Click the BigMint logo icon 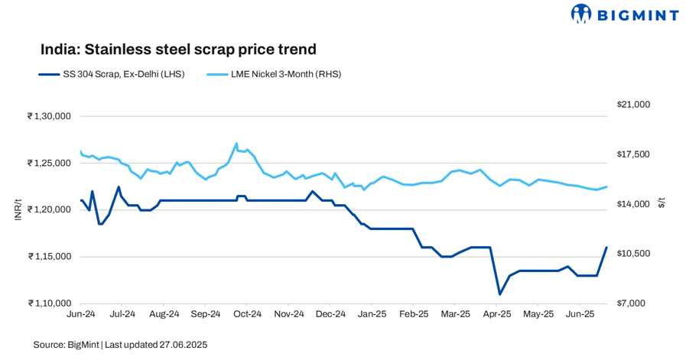[582, 14]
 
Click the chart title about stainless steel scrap [178, 50]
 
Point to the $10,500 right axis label [632, 254]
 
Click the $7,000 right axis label [631, 303]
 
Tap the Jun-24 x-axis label [81, 314]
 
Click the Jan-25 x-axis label [372, 314]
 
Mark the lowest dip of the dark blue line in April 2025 [499, 294]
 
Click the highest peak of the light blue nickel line [236, 143]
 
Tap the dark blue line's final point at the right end [606, 247]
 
